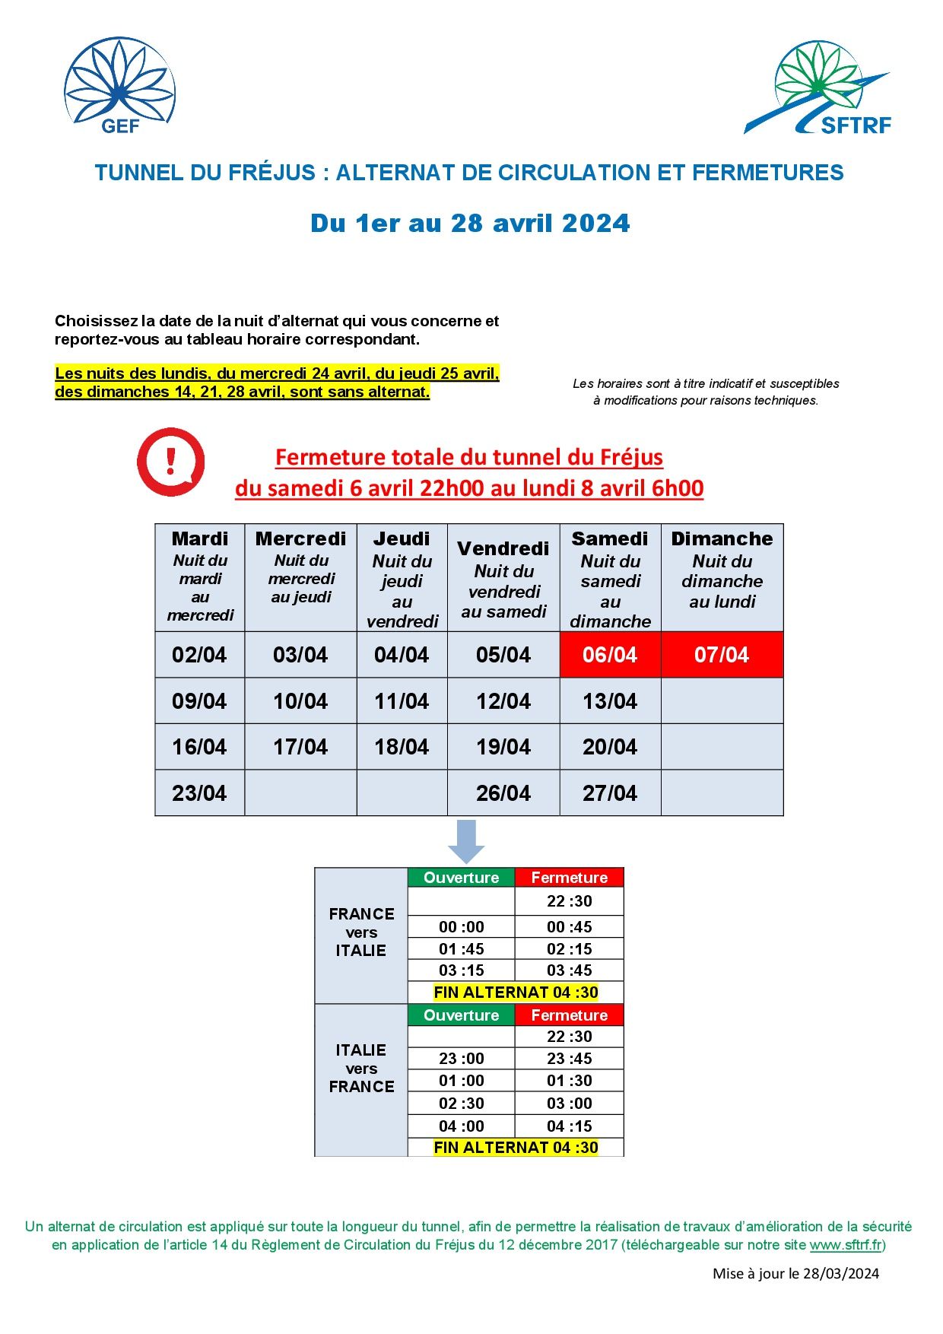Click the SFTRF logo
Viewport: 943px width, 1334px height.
(818, 89)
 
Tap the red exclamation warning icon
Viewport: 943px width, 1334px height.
(171, 462)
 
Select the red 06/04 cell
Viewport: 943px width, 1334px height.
(610, 655)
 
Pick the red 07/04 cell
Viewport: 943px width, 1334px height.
(722, 655)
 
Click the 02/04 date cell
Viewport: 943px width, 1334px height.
(199, 655)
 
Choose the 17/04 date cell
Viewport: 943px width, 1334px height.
(300, 747)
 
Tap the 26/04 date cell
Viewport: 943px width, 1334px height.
(503, 793)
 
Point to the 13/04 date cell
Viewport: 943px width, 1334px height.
(610, 701)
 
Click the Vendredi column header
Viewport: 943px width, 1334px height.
(503, 578)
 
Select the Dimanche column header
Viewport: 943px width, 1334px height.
(722, 570)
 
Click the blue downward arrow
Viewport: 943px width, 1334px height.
(466, 840)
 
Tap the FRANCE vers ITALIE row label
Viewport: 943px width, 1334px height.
(361, 932)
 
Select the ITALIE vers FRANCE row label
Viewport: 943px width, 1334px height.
(361, 1069)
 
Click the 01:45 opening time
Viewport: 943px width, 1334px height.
(462, 949)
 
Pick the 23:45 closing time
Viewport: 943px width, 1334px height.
(570, 1059)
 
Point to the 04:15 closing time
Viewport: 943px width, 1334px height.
(570, 1126)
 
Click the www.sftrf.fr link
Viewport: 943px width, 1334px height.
(846, 1245)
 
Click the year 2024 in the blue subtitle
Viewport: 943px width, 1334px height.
(596, 224)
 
